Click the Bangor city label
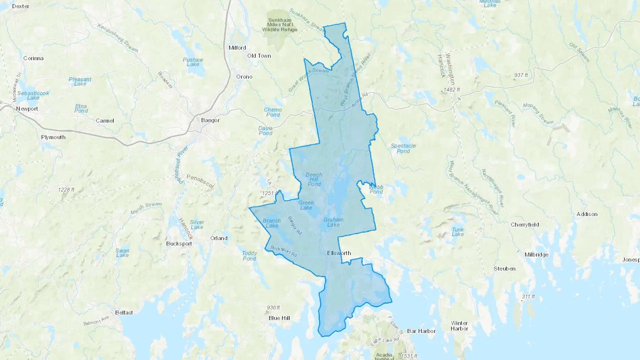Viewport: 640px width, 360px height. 210,120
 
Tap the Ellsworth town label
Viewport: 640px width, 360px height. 339,253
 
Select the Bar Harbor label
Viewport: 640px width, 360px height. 421,331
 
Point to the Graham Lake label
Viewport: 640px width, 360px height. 333,222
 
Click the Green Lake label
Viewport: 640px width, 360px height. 306,205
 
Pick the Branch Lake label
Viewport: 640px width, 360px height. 272,223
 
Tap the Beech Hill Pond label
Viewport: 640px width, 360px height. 314,179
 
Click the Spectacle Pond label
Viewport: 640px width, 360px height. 403,148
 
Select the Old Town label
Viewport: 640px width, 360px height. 259,56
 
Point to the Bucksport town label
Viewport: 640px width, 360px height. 179,244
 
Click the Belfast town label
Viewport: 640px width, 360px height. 124,312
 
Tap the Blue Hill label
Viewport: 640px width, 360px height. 279,318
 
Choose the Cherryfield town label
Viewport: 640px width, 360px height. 525,225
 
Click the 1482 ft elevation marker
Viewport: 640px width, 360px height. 452,90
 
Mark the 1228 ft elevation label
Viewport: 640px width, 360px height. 66,190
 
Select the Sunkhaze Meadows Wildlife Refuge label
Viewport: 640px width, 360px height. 280,25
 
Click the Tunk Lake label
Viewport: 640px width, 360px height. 458,232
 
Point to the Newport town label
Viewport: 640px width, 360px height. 27,109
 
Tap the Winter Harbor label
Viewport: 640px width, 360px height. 459,326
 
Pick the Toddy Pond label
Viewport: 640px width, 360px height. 249,256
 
